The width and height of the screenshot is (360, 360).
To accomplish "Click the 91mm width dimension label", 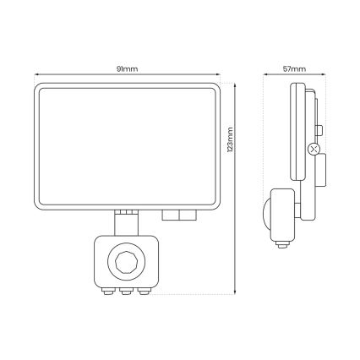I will pos(128,68).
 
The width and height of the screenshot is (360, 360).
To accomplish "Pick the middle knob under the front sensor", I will pos(124,292).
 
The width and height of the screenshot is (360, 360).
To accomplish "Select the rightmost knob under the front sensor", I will pos(143,291).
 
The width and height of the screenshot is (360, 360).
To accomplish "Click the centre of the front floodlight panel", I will pos(128,145).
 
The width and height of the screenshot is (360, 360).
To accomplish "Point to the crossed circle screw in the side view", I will pos(314,150).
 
